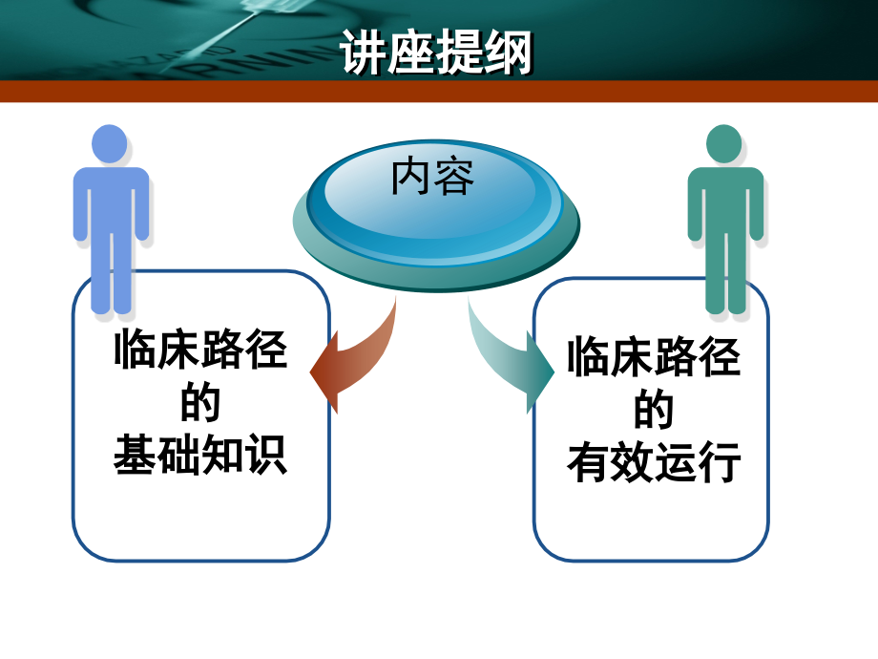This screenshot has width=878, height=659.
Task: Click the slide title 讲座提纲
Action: [435, 53]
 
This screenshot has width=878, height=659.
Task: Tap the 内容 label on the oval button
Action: [432, 178]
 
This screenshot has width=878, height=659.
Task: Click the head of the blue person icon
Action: [110, 143]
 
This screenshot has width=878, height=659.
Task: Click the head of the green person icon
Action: [724, 143]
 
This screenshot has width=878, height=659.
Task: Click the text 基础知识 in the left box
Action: [200, 455]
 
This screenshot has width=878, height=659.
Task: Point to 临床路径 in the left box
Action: [200, 350]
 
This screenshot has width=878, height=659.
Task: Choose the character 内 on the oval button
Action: [411, 178]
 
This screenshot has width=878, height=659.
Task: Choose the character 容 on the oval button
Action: [454, 178]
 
